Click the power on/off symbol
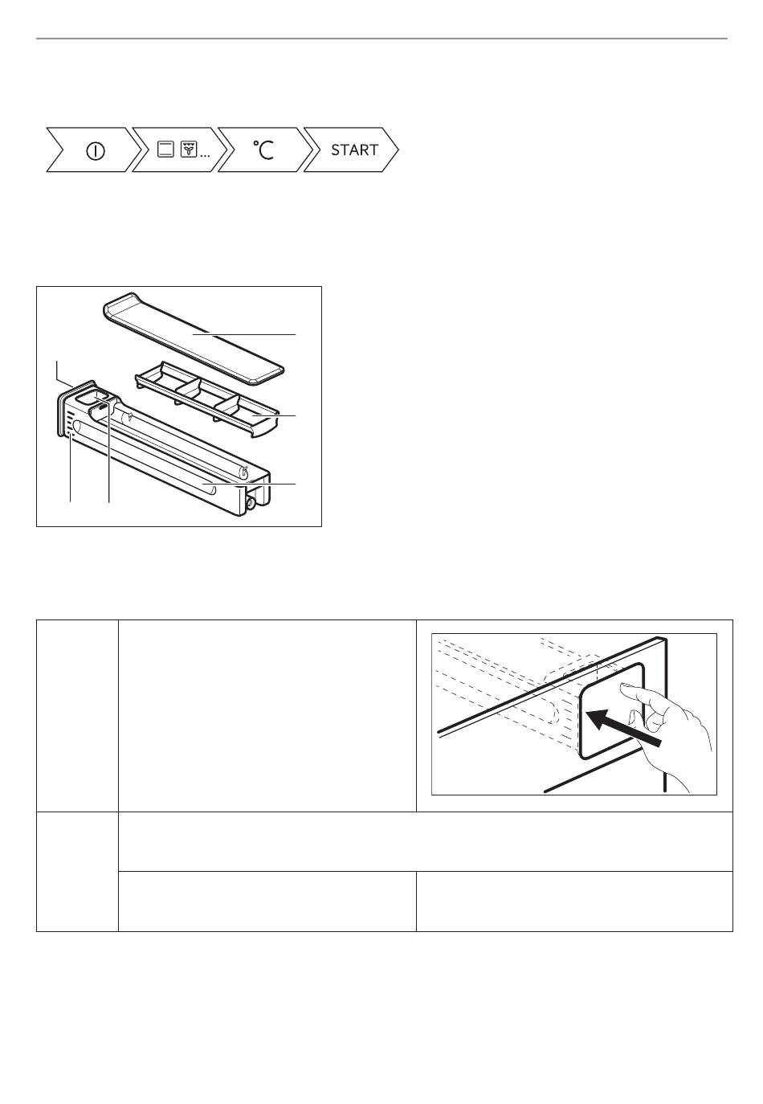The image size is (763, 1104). point(95,150)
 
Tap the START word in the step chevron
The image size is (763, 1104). point(354,149)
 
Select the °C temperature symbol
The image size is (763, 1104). point(263,149)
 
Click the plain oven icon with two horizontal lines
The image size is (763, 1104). point(165,149)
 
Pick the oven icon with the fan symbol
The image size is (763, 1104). point(189,149)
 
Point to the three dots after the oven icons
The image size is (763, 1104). point(205,155)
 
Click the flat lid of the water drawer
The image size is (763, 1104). point(193,337)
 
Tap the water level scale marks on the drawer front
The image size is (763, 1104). point(71,423)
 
